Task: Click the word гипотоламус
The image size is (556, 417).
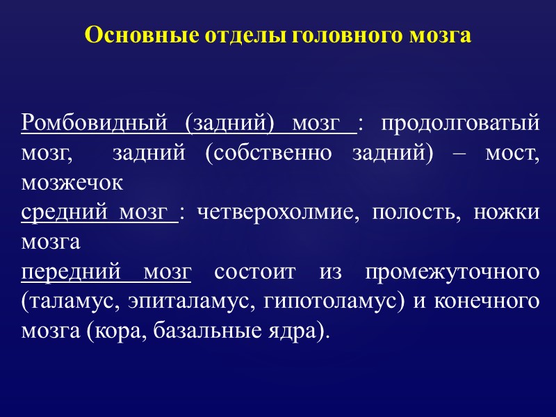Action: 329,303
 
